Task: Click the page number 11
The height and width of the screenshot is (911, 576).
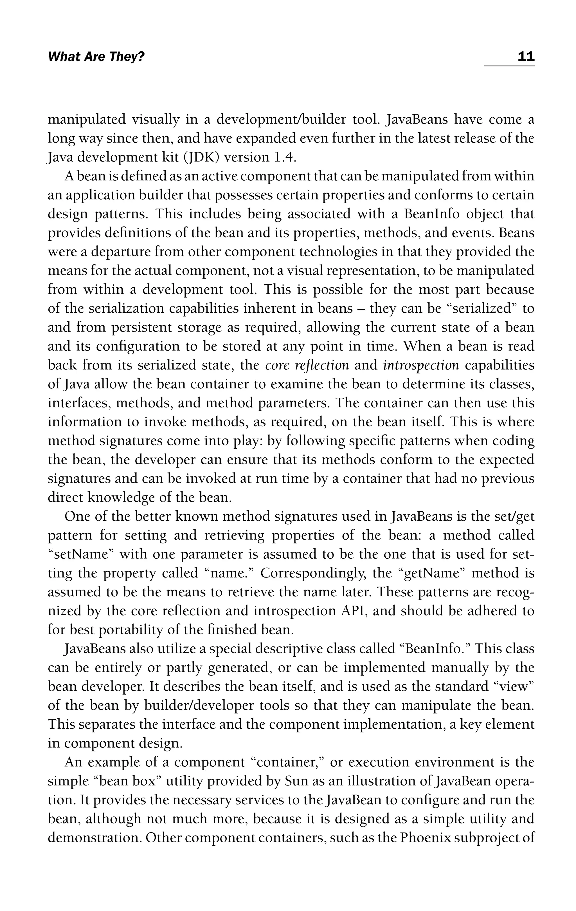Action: [526, 57]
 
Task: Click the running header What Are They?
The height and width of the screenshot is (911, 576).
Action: [96, 57]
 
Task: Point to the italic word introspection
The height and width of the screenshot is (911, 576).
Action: [421, 365]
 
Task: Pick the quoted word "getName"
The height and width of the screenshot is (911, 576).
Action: [433, 573]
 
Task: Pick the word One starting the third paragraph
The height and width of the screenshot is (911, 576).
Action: [77, 516]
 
